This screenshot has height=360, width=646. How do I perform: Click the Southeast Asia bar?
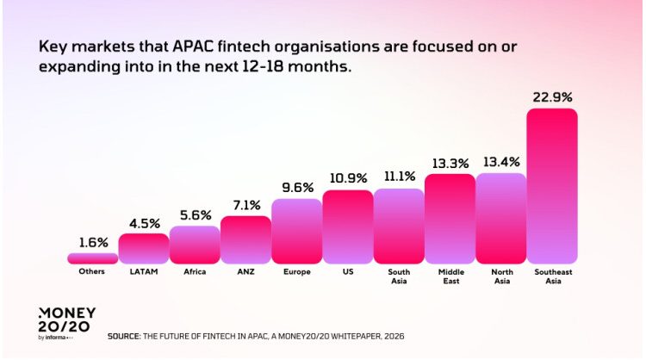tap(551, 185)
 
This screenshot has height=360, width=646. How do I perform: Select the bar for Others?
tap(92, 258)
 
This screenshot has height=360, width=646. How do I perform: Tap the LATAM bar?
tap(143, 248)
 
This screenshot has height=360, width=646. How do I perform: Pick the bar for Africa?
tap(194, 244)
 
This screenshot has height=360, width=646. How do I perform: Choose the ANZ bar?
tap(245, 239)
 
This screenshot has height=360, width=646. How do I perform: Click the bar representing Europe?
tap(296, 231)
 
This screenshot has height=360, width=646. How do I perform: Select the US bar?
tap(347, 227)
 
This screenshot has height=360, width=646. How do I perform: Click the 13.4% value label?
tap(500, 161)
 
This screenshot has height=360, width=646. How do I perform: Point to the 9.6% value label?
tap(296, 187)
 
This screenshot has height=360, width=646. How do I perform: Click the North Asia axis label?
tap(500, 276)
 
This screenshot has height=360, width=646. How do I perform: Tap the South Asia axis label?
tap(398, 276)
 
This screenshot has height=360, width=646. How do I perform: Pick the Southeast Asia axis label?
tap(551, 276)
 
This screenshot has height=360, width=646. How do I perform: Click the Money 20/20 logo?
tap(66, 323)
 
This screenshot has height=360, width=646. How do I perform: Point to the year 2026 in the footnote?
tap(393, 335)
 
